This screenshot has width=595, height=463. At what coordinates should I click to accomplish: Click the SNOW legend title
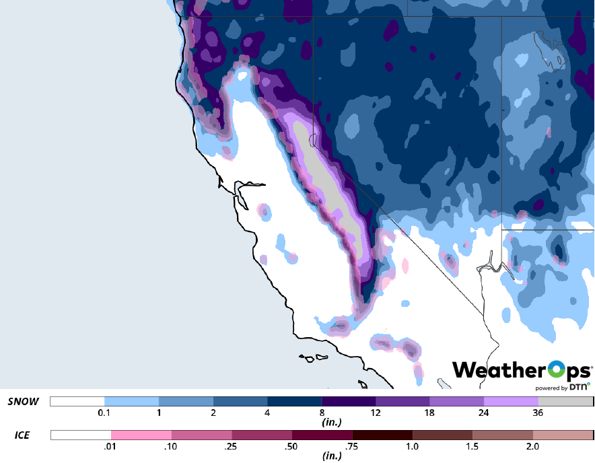point(24,402)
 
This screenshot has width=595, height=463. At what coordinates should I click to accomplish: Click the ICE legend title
point(22,435)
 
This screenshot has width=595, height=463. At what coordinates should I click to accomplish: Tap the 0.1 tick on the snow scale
point(104,413)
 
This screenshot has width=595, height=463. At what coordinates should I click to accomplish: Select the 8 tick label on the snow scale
point(322,413)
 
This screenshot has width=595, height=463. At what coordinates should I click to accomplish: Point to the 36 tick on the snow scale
point(538,413)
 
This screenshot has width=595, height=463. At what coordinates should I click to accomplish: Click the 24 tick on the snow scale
point(484,413)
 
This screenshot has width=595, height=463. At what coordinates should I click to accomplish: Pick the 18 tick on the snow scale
point(429,413)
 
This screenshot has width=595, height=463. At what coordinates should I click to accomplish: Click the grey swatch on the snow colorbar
point(565,402)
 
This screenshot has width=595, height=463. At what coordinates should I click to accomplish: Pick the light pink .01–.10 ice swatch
point(141,435)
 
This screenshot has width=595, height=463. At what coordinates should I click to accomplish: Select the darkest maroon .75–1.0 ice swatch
point(382,435)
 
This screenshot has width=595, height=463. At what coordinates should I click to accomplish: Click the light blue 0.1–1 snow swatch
point(132,402)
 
